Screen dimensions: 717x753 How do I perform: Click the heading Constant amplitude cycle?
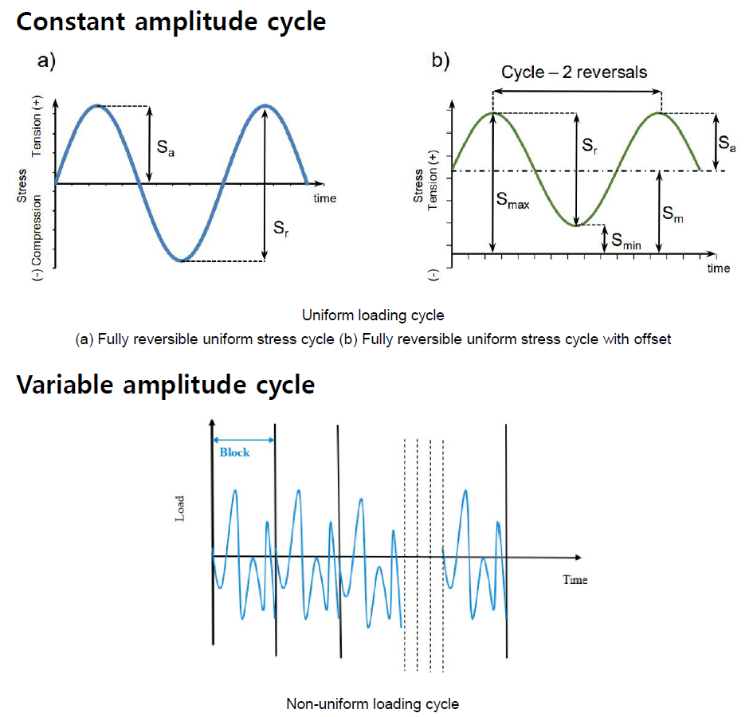(171, 21)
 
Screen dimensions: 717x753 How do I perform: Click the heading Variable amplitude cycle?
(165, 385)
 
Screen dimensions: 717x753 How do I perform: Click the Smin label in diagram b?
(626, 240)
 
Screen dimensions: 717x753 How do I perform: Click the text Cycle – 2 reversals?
(574, 72)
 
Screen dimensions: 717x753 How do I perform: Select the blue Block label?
(234, 452)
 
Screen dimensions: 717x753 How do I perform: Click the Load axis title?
(180, 511)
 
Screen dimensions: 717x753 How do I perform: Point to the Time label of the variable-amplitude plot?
(575, 579)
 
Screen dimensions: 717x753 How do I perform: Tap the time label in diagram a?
(324, 198)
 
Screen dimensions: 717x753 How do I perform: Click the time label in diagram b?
(718, 268)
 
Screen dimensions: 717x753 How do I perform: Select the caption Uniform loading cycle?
(373, 315)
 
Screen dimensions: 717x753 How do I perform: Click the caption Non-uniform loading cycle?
(372, 703)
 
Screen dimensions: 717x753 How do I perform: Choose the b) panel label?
(441, 61)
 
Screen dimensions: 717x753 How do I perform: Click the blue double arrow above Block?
(243, 439)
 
